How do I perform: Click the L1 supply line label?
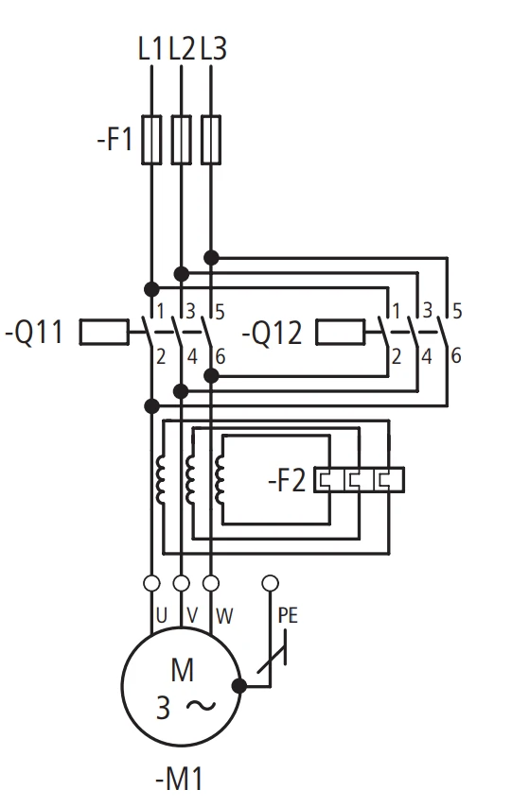click(x=150, y=49)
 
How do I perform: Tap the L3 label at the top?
click(x=213, y=49)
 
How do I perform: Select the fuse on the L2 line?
click(x=181, y=140)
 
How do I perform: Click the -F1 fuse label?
click(x=115, y=140)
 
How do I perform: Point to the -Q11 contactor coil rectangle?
click(x=104, y=332)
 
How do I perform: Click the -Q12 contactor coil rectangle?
click(x=341, y=332)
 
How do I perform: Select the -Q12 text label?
click(x=273, y=333)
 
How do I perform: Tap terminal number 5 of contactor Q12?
click(x=457, y=312)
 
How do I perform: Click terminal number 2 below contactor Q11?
click(x=161, y=356)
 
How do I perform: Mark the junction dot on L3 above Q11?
click(x=211, y=257)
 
